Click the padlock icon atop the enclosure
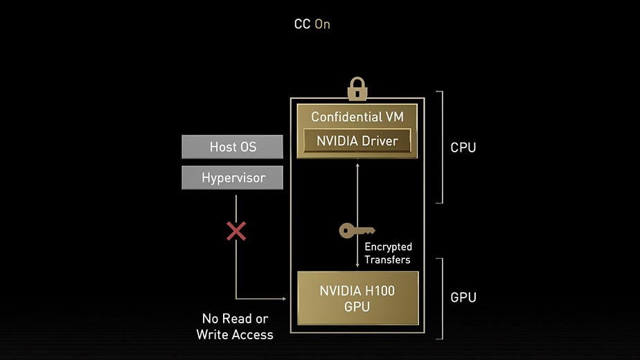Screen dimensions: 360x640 (357, 89)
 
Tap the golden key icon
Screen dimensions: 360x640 (357, 231)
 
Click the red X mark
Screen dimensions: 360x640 (236, 231)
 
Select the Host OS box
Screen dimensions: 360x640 (233, 147)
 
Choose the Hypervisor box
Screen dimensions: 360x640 (233, 178)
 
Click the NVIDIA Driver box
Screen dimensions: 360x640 (357, 141)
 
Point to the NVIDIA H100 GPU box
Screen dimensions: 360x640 (357, 298)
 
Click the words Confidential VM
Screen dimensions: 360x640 (357, 116)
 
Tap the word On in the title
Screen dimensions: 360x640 (322, 24)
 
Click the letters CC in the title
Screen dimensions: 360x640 (302, 24)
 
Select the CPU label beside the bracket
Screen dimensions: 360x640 (463, 147)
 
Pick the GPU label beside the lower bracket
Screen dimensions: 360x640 (463, 298)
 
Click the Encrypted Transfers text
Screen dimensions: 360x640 (388, 253)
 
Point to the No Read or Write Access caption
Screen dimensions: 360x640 (235, 327)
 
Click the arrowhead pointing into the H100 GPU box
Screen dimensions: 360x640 (284, 299)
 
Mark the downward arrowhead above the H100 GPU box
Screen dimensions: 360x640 (357, 265)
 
